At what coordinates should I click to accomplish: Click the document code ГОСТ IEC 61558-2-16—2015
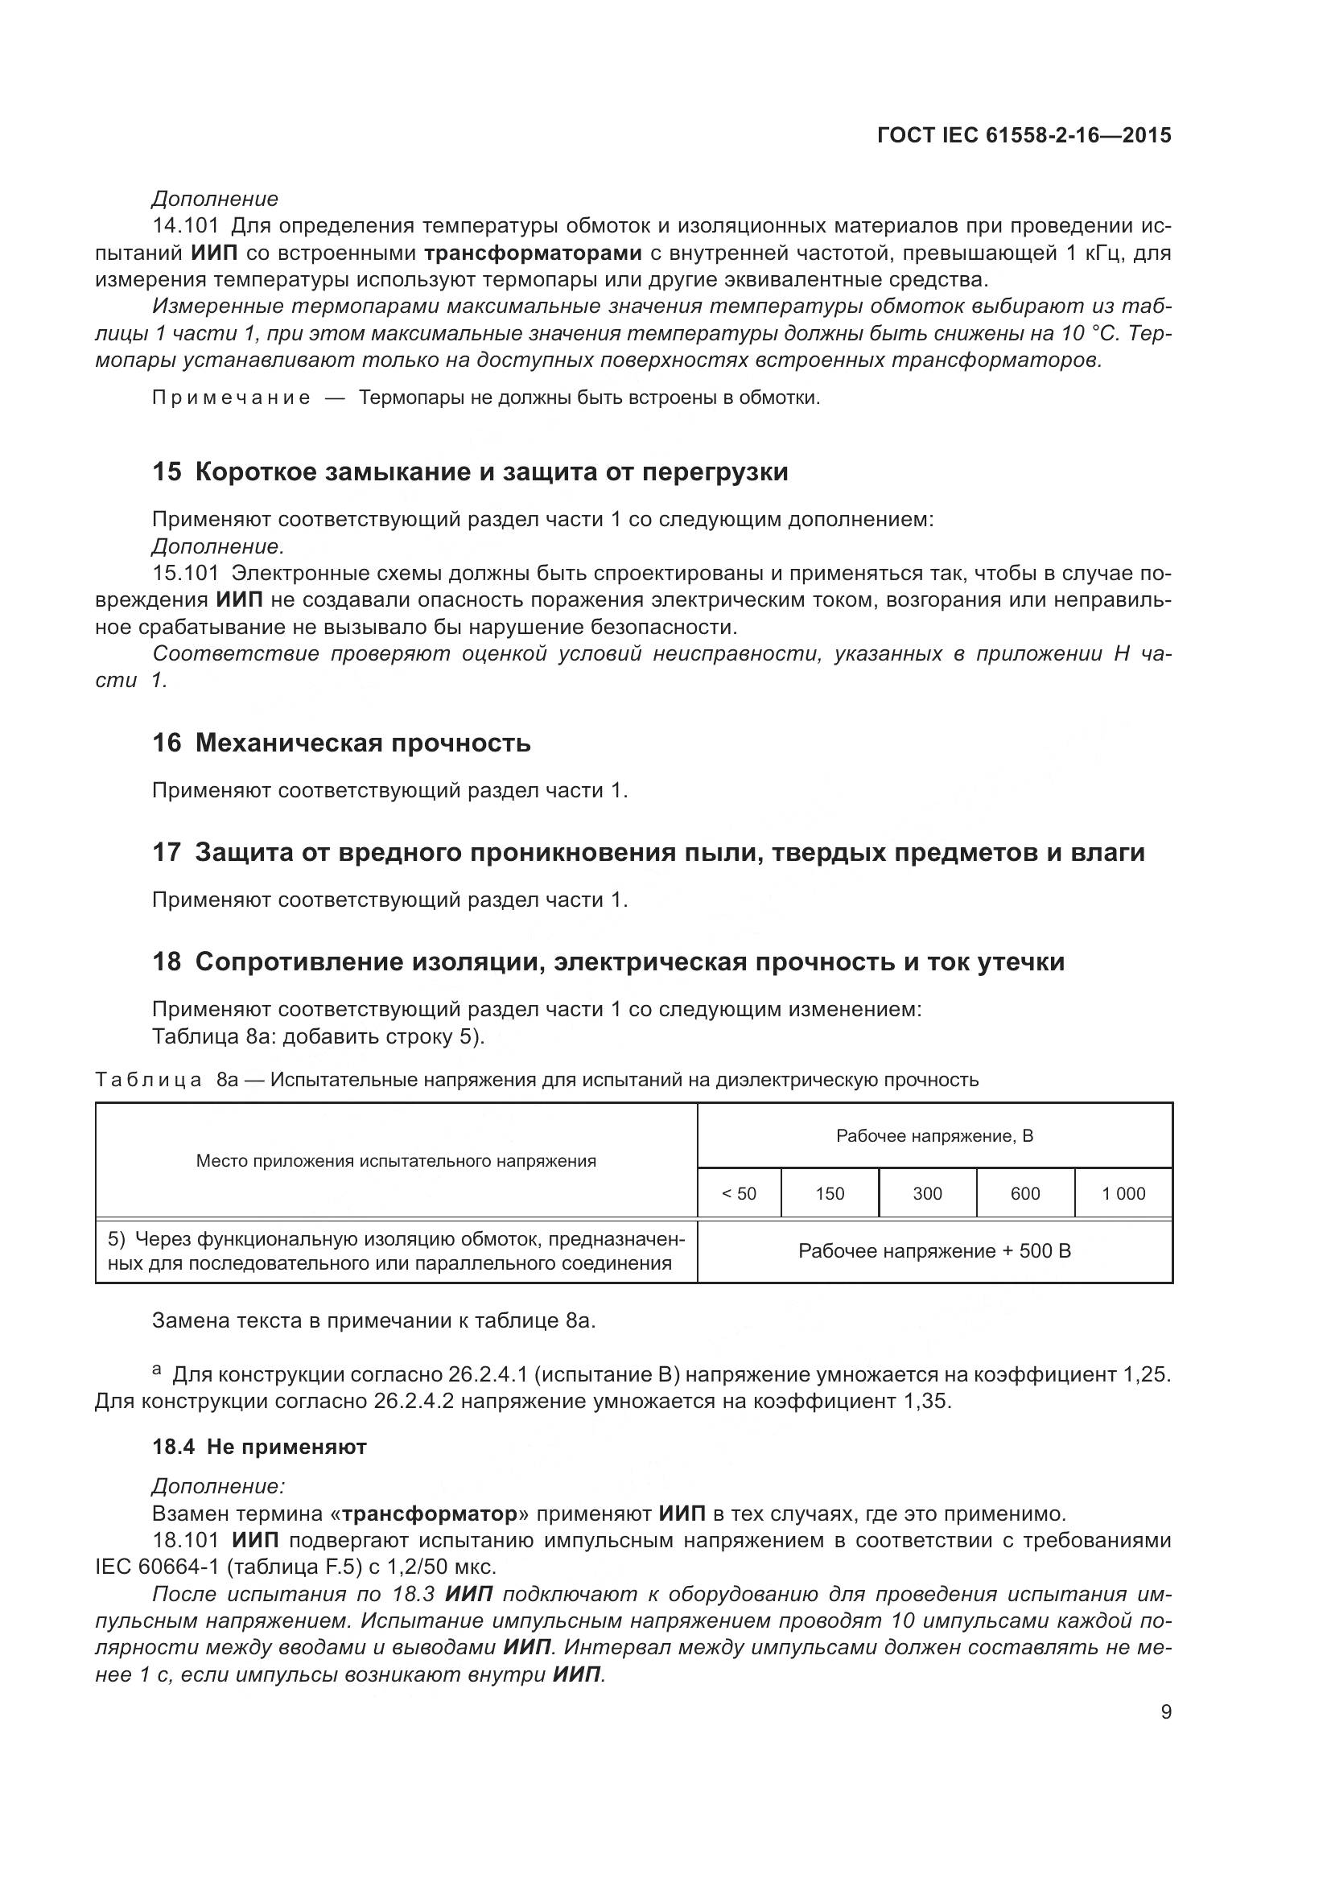[1024, 135]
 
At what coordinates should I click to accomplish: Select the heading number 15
[167, 472]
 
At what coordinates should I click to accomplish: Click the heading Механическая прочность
[363, 743]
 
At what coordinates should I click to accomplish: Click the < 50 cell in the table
[739, 1193]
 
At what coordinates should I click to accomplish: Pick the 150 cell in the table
[830, 1193]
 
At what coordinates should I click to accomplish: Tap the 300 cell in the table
[927, 1193]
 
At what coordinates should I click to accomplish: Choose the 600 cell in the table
[1025, 1193]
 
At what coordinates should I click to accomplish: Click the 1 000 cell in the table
[1123, 1193]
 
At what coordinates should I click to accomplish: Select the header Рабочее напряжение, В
[934, 1136]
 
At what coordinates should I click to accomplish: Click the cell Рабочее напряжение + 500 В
[934, 1252]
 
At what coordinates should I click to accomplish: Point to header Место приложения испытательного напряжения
[396, 1161]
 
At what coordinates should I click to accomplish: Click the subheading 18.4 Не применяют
[259, 1447]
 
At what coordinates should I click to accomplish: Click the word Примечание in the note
[231, 398]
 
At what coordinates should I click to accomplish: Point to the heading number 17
[167, 852]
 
